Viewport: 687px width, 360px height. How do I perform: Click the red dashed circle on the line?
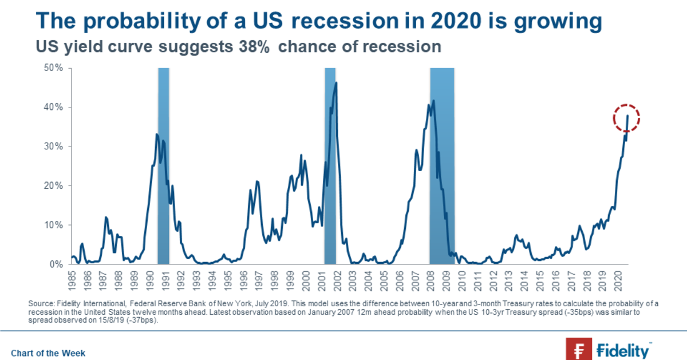pos(626,119)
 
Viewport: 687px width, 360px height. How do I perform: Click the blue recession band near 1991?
pos(163,166)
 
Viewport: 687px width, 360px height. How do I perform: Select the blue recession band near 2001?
pos(330,166)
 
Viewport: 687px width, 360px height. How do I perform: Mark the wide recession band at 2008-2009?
pos(442,166)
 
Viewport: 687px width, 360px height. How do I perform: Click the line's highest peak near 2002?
pos(336,83)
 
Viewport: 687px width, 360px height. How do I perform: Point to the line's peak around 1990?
pos(157,134)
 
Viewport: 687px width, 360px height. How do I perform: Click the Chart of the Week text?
pos(48,353)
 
